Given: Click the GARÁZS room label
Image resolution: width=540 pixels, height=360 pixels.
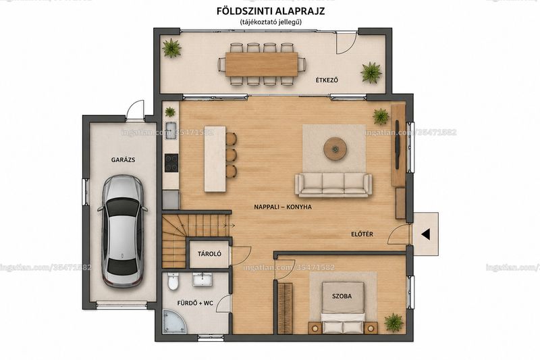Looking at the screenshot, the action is click(123, 160).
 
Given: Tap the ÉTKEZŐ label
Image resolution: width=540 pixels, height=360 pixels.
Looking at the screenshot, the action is click(327, 80).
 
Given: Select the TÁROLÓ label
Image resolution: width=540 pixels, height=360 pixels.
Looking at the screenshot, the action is click(209, 254).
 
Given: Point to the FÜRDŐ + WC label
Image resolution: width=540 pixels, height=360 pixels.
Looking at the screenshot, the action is click(195, 303).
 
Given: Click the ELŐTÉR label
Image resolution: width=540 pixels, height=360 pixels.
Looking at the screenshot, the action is click(362, 234).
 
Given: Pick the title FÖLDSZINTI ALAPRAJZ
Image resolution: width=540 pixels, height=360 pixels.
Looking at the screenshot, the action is click(271, 11).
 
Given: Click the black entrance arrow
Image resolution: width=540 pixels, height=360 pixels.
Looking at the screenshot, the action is click(425, 234).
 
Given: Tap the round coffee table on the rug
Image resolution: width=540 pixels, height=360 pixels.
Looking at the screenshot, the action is click(335, 149).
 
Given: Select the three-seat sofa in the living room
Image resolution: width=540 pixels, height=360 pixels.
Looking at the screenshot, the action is click(333, 185).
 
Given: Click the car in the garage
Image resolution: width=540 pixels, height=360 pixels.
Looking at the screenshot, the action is click(123, 230).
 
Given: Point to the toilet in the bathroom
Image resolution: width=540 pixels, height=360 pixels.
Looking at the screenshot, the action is click(173, 282).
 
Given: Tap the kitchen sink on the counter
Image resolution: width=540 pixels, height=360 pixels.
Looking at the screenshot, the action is click(171, 130).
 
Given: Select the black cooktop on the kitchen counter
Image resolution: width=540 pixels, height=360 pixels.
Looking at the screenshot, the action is click(171, 163).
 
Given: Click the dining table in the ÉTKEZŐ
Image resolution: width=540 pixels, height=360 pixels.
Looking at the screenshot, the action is click(262, 64).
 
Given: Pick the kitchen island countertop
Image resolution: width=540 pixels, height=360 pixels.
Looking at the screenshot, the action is click(215, 159).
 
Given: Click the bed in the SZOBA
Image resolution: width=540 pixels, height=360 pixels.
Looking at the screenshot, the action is click(343, 307).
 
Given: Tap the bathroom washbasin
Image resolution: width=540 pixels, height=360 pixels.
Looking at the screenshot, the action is click(203, 279).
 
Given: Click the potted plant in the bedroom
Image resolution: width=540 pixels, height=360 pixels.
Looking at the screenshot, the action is click(394, 322).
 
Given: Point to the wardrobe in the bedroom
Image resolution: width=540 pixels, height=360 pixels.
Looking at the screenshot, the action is click(285, 308).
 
